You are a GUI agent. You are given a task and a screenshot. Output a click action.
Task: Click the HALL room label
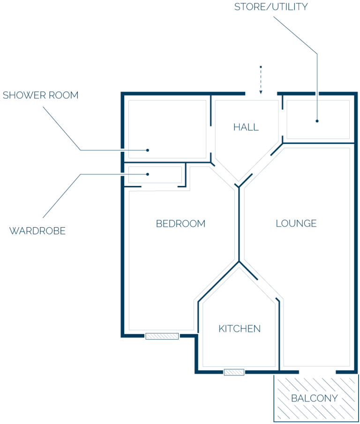(246, 127)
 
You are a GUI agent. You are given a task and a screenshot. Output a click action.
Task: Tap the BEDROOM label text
(180, 223)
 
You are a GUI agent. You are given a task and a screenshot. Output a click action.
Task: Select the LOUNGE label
(296, 223)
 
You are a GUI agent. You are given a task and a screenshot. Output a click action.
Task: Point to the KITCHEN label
(240, 329)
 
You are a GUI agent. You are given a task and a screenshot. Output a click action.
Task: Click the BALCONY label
(314, 398)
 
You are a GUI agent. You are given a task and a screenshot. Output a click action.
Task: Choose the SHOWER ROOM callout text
(41, 95)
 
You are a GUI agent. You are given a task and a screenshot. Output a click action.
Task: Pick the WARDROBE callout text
(37, 231)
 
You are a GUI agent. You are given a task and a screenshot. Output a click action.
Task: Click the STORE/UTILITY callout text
(271, 7)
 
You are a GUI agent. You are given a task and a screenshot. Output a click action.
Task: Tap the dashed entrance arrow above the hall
(261, 80)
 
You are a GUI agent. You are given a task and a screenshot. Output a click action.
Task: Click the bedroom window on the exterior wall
(162, 336)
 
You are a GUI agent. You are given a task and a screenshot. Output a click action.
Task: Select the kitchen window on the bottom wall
(234, 372)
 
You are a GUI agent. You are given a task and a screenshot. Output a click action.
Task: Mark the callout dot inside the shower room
(148, 150)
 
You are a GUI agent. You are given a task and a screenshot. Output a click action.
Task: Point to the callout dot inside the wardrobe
(148, 174)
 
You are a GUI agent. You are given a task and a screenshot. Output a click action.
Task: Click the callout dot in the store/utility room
(317, 121)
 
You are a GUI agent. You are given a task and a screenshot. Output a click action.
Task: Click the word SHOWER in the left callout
(24, 95)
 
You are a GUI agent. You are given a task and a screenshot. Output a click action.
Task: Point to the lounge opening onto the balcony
(317, 372)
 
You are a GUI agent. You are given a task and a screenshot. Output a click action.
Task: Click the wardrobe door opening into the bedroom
(159, 186)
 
